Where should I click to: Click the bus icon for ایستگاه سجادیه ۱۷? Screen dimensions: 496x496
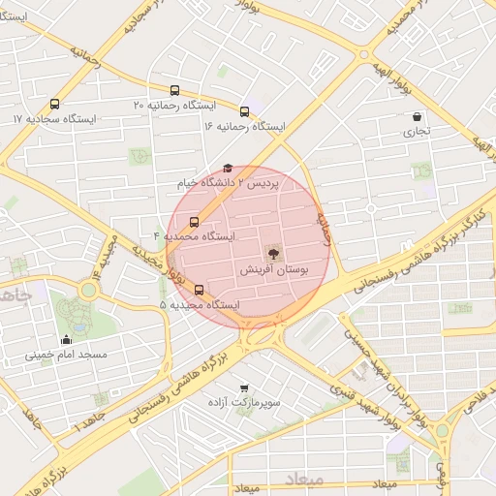pos(54,104)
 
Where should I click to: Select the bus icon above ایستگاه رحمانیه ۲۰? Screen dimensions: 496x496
pos(174,89)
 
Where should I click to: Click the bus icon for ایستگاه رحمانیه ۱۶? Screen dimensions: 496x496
pos(244,111)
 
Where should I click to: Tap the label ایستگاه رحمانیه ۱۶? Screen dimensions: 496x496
pos(244,126)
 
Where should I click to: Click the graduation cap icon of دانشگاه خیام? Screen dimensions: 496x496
pos(228,169)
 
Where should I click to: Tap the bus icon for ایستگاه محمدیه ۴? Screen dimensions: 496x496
pos(195,222)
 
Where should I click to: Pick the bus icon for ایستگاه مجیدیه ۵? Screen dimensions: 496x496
pos(200,290)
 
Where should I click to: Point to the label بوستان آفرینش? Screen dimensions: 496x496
pos(273,272)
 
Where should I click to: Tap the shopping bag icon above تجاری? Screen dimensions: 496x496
pos(416,116)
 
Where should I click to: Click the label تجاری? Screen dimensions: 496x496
pos(416,130)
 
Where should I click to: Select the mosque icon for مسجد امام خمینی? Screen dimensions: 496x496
pos(66,340)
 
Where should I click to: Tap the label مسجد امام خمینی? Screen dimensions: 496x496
pos(66,356)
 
